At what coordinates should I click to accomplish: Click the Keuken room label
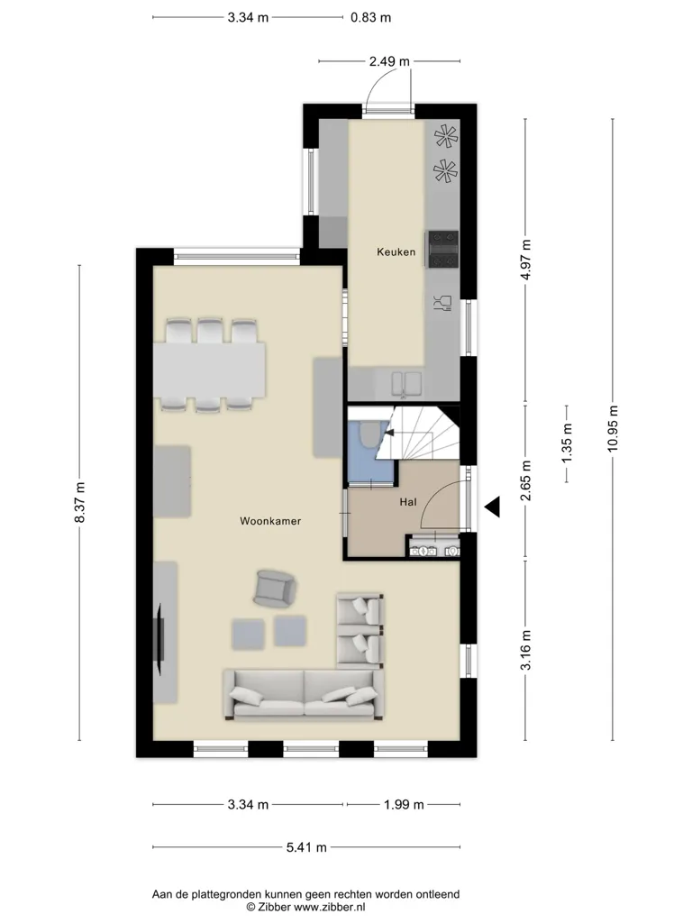pyautogui.click(x=396, y=252)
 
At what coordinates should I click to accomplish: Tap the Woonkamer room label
pyautogui.click(x=270, y=521)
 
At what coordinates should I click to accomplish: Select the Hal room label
pyautogui.click(x=408, y=502)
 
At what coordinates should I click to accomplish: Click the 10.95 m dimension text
pyautogui.click(x=613, y=428)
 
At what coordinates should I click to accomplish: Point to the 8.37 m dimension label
pyautogui.click(x=80, y=502)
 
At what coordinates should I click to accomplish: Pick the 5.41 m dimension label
pyautogui.click(x=306, y=847)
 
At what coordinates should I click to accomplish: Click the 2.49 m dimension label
pyautogui.click(x=389, y=61)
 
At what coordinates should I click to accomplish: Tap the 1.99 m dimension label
pyautogui.click(x=404, y=805)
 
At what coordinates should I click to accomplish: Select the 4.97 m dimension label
pyautogui.click(x=526, y=260)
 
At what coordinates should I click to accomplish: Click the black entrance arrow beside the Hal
pyautogui.click(x=493, y=507)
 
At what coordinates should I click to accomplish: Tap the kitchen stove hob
pyautogui.click(x=443, y=249)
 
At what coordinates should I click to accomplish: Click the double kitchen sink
pyautogui.click(x=406, y=382)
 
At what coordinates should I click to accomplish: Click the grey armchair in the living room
pyautogui.click(x=274, y=588)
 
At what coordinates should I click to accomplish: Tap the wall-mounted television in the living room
pyautogui.click(x=159, y=640)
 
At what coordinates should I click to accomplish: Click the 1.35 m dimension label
pyautogui.click(x=568, y=443)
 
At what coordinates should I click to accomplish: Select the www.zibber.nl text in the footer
pyautogui.click(x=330, y=907)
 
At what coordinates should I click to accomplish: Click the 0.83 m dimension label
pyautogui.click(x=370, y=18)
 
